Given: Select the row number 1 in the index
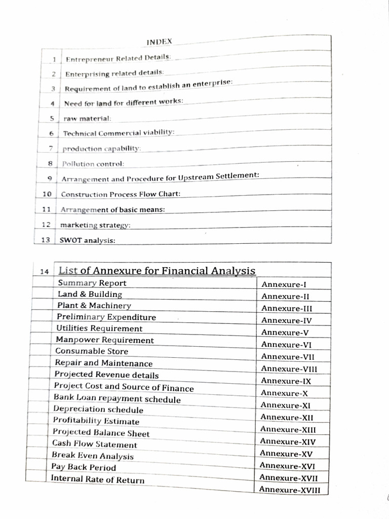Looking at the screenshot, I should [53, 60].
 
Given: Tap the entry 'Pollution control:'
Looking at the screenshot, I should [93, 164].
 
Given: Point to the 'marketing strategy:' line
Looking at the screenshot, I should [95, 225].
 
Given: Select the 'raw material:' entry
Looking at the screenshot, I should [87, 118].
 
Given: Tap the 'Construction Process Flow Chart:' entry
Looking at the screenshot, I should [121, 194].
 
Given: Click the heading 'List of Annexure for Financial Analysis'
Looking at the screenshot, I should [157, 271].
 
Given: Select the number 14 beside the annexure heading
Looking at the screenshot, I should [45, 272].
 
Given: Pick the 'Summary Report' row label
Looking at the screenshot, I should [92, 283].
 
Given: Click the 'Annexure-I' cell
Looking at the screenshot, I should [284, 285].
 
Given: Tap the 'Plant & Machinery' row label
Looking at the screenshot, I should [94, 306].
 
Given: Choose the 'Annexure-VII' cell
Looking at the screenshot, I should [287, 357].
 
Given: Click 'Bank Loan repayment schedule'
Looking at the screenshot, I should [117, 399].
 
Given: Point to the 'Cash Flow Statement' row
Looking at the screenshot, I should [94, 444].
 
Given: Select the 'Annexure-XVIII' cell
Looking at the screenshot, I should [289, 489].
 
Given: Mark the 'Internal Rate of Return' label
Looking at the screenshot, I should [97, 479].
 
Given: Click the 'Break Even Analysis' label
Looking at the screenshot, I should [93, 456].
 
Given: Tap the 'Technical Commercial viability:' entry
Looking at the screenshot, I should [119, 133].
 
